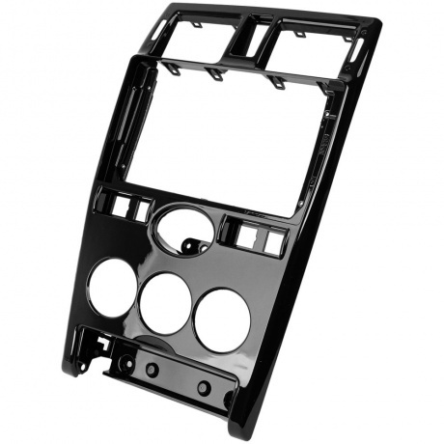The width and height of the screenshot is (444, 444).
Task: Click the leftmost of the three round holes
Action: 112,288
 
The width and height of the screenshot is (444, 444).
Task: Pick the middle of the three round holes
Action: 165,304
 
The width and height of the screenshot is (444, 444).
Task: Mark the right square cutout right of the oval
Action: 273,241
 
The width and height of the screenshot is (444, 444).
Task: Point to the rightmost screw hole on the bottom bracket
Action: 204,388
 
